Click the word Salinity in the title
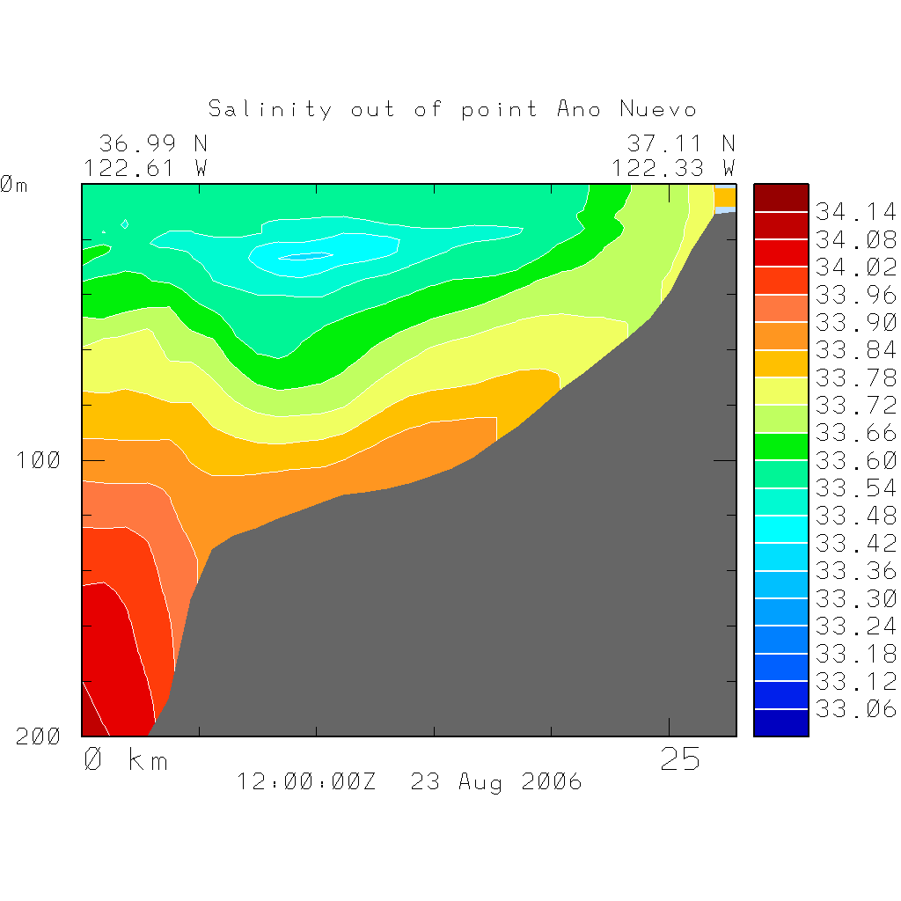click(x=270, y=109)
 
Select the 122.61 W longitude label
click(x=145, y=167)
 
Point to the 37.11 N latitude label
click(x=680, y=143)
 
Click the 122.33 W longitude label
click(x=673, y=167)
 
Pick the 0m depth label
click(x=13, y=185)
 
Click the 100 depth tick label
click(x=38, y=460)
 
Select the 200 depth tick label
click(x=38, y=736)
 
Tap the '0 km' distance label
click(x=126, y=759)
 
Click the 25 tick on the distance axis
click(x=680, y=759)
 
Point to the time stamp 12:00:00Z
click(x=306, y=781)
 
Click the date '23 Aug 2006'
click(x=496, y=781)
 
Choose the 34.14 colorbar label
click(x=855, y=212)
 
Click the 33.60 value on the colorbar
click(x=855, y=460)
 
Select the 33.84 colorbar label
click(x=855, y=350)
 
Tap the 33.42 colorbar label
click(x=855, y=543)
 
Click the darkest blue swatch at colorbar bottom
click(x=780, y=722)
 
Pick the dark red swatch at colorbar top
click(x=780, y=198)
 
